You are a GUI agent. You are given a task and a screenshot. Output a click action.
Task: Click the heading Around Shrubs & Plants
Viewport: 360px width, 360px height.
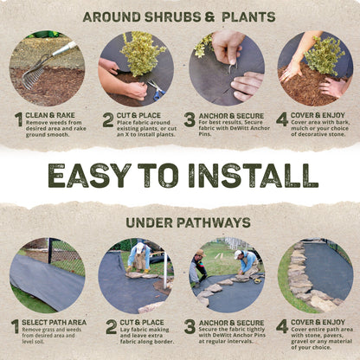pos(180,16)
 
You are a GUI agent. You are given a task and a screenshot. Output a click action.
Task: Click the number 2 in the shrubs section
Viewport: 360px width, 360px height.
pos(108,119)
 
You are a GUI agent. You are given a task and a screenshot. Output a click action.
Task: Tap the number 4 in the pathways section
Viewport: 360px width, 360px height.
pos(282,326)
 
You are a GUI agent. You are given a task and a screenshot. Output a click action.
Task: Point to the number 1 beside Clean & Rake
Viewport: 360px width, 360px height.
pos(18,119)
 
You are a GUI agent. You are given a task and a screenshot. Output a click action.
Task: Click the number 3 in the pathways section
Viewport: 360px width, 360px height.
pos(190,326)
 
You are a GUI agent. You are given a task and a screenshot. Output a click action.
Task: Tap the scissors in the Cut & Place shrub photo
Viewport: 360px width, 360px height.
pos(155,87)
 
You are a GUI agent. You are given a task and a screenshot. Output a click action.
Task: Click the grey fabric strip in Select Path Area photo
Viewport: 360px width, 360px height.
pos(43,277)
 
